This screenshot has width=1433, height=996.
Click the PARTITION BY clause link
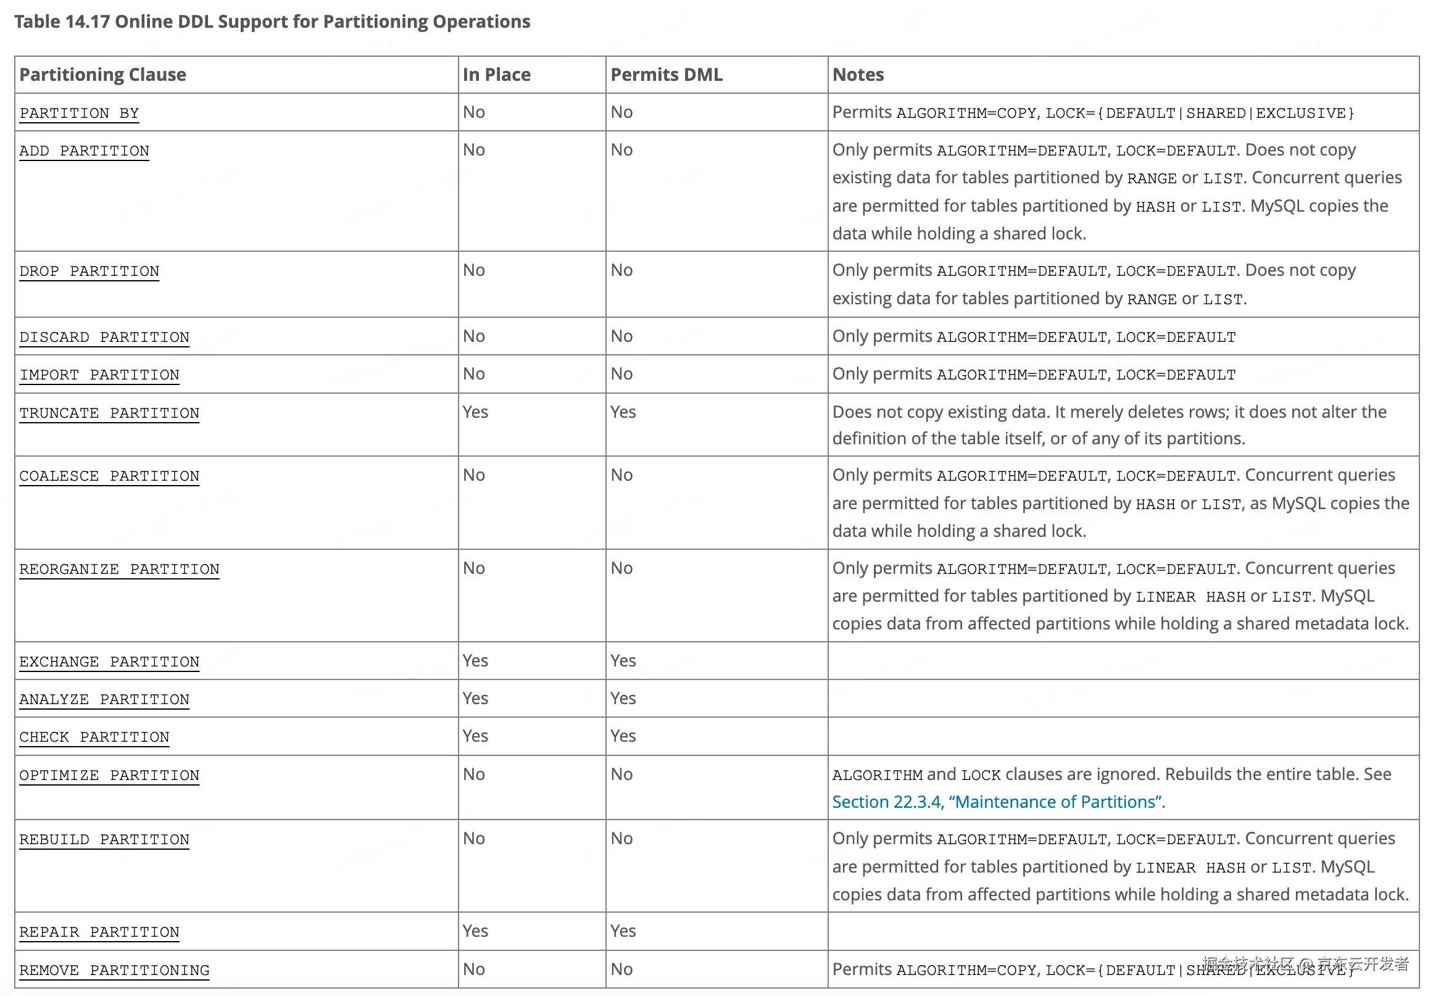(x=79, y=113)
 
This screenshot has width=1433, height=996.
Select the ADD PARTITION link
(x=85, y=151)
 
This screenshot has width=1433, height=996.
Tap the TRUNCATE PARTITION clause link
(x=109, y=413)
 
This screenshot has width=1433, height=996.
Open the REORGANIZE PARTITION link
(x=119, y=569)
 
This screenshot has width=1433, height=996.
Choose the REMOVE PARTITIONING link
(x=114, y=970)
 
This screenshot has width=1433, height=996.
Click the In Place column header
(x=496, y=75)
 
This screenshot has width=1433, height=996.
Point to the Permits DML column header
(x=666, y=75)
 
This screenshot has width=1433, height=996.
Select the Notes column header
(x=858, y=75)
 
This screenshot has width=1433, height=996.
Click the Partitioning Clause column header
(x=103, y=75)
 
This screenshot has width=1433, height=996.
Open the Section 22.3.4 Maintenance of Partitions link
(x=997, y=801)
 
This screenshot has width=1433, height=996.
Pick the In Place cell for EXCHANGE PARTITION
(x=475, y=660)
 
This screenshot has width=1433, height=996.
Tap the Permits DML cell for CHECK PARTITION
(x=623, y=736)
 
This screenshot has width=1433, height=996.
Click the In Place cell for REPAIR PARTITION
(x=475, y=931)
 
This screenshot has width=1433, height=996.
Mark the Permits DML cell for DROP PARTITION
(x=621, y=270)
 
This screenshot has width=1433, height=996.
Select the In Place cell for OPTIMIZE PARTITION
(x=474, y=774)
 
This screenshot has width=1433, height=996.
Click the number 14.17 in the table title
(x=88, y=22)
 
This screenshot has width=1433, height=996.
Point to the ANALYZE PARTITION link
(x=104, y=700)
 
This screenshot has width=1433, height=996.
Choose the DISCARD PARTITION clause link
(x=104, y=337)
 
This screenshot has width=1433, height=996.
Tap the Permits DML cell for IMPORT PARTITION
(x=621, y=374)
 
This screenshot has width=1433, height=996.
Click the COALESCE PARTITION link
(x=109, y=476)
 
